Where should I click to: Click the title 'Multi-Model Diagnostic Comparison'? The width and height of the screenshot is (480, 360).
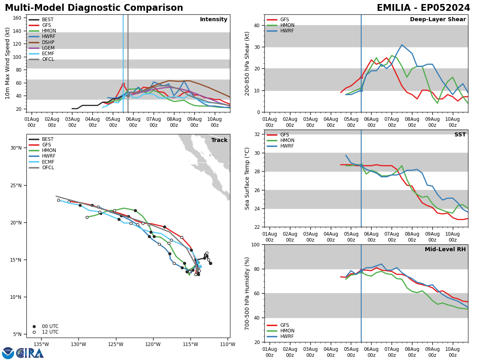94,8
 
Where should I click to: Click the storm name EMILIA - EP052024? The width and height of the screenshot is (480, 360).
423,8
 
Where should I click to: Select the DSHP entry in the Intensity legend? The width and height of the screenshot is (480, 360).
48,42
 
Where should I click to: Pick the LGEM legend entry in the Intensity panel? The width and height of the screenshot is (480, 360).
48,48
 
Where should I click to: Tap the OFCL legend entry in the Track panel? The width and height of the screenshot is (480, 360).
48,168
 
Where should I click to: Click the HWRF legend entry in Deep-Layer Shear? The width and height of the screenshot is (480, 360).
286,31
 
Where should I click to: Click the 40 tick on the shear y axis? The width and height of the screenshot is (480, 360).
257,25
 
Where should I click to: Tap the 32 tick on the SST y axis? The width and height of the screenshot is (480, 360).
257,134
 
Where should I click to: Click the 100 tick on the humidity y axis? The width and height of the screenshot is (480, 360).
256,244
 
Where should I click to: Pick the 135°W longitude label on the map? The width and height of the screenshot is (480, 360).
41,344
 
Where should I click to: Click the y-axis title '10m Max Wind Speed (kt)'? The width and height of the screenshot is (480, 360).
8,63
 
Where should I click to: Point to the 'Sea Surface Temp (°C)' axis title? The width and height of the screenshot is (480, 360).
248,178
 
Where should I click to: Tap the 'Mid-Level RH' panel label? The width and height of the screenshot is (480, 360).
445,250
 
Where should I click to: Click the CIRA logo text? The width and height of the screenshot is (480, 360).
30,353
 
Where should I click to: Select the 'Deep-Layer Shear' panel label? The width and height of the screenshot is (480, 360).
438,20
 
